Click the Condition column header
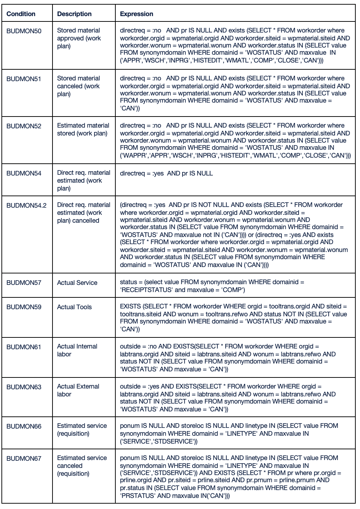21,14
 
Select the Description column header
74,14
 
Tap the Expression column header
136,14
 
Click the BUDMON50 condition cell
24,31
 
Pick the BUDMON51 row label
24,79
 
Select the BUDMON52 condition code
24,126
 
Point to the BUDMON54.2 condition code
26,206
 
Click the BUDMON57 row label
24,283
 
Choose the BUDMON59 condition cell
24,307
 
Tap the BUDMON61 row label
24,347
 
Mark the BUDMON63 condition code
24,387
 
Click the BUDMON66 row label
24,426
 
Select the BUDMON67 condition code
24,459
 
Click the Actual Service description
77,283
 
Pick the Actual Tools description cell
74,307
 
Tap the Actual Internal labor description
77,350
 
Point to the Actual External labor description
78,390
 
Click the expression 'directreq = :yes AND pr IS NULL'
166,173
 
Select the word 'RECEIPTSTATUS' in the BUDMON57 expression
147,290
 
